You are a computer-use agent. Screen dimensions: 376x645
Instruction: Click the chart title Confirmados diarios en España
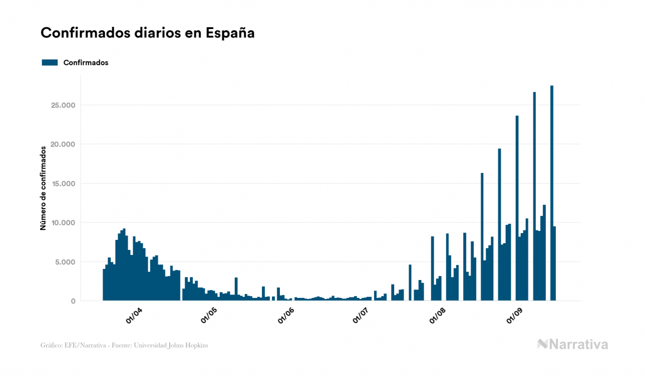click(x=148, y=33)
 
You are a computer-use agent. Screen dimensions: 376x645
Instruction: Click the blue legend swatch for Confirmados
click(x=50, y=62)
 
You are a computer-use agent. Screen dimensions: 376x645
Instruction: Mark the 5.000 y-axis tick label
click(x=64, y=262)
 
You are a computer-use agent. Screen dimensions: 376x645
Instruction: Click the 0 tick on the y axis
click(x=73, y=301)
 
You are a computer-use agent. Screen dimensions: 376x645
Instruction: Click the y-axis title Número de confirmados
click(x=43, y=188)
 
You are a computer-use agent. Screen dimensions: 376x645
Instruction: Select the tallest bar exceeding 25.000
click(x=552, y=192)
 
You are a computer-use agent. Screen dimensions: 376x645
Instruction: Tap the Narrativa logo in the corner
click(x=573, y=344)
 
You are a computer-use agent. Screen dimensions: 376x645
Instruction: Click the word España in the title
click(x=230, y=33)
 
